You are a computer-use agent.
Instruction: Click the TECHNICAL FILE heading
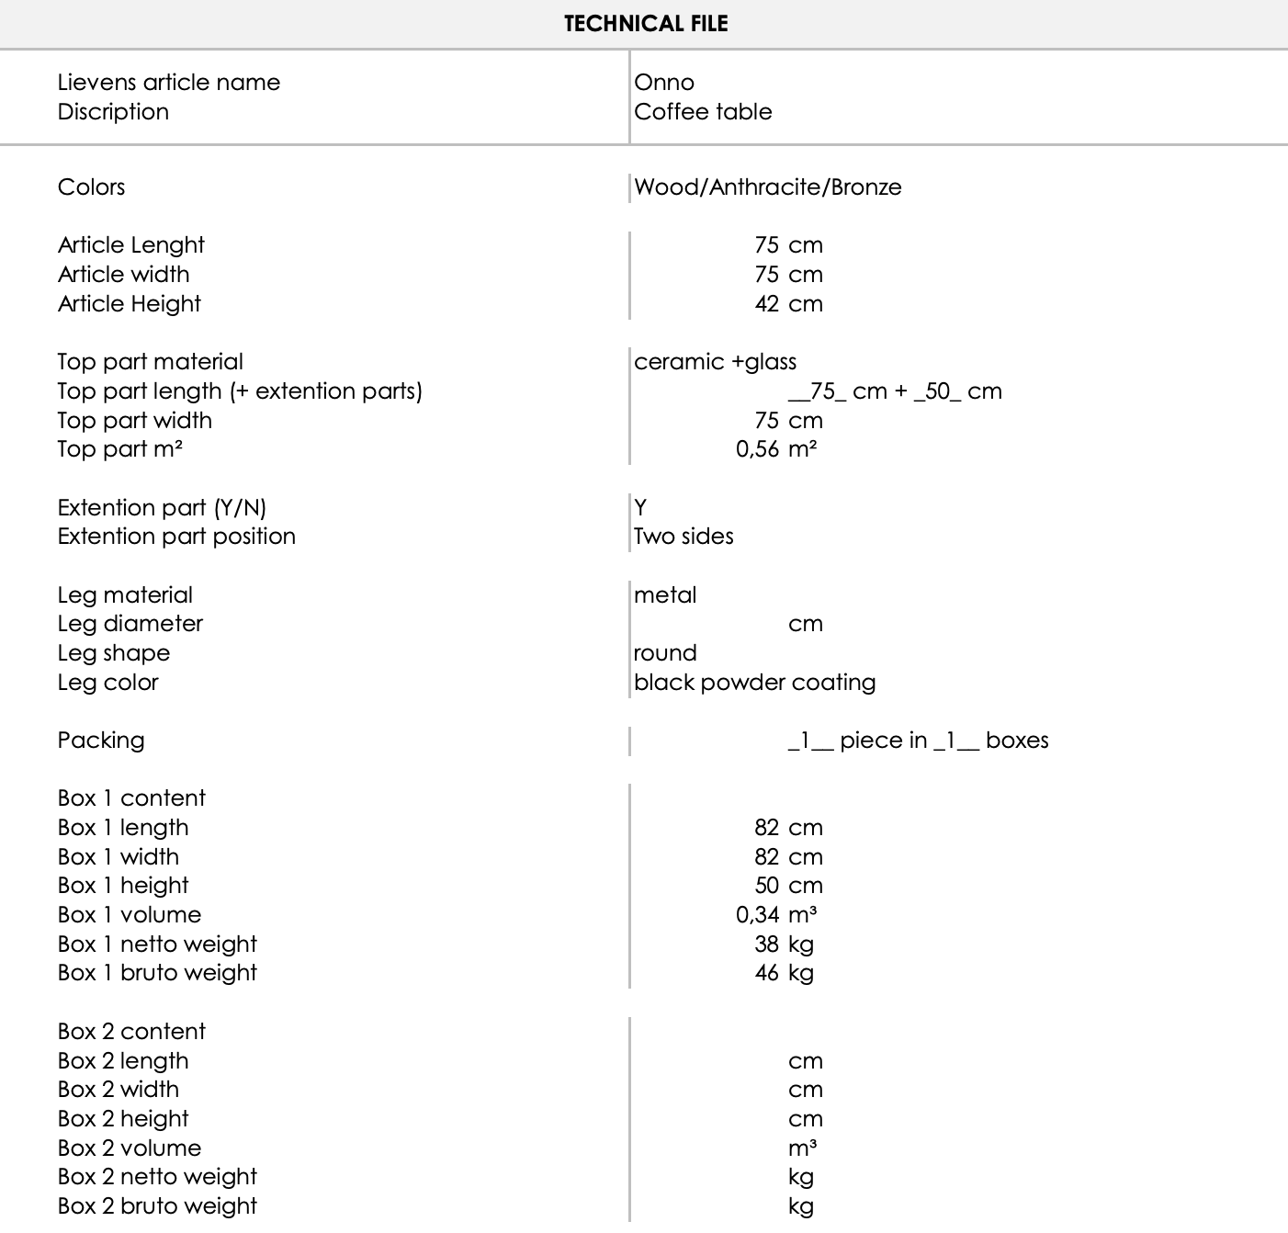click(646, 24)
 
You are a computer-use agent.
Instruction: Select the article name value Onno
click(664, 83)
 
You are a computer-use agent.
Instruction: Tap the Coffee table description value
click(703, 112)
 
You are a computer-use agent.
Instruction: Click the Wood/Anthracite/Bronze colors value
click(768, 187)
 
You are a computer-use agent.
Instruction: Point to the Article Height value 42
click(766, 304)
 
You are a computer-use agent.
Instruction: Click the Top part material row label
click(151, 362)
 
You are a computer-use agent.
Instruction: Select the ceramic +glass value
click(715, 362)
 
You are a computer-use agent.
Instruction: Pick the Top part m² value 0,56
click(757, 449)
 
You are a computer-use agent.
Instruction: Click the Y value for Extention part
click(640, 508)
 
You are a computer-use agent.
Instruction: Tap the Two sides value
click(684, 537)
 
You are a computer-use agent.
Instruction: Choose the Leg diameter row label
click(130, 624)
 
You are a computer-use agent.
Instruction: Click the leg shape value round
click(665, 653)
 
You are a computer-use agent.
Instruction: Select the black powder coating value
click(754, 683)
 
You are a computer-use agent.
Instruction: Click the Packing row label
click(101, 741)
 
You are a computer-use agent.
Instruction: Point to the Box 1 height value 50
click(766, 886)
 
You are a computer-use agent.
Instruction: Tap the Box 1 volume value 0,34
click(757, 915)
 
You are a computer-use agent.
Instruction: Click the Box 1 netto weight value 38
click(766, 945)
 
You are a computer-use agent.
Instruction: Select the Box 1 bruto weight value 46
click(766, 973)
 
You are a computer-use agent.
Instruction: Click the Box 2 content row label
click(131, 1032)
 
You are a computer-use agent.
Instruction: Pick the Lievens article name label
click(169, 83)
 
